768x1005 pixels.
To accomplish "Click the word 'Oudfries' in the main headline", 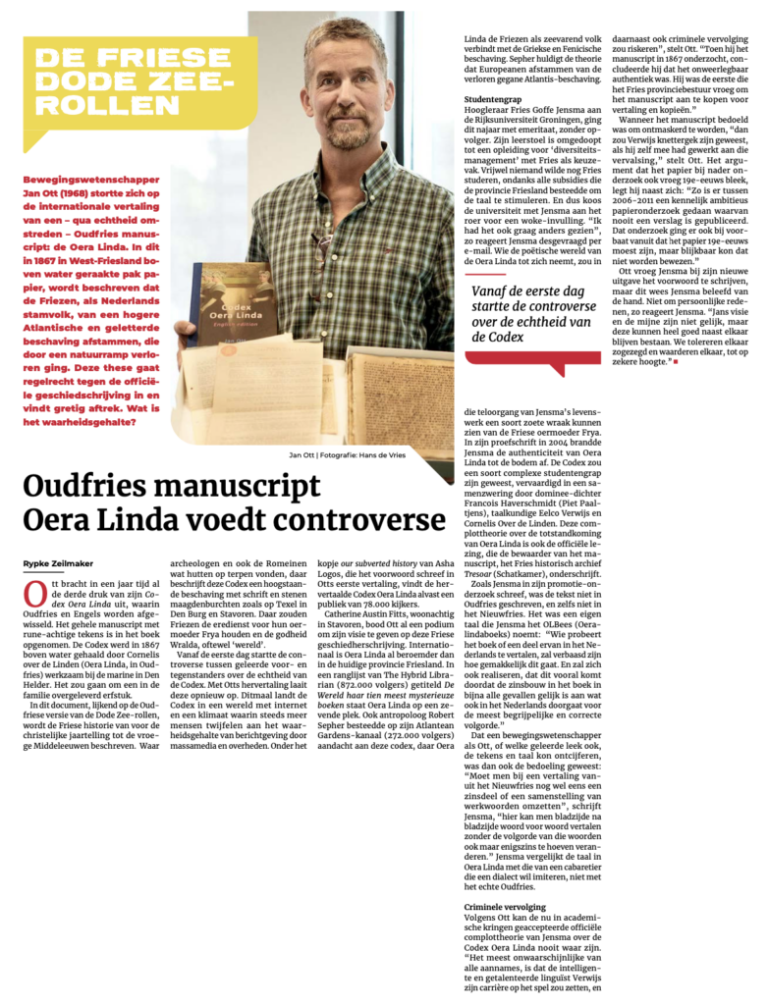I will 92,489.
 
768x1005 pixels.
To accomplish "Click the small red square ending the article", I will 676,363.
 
